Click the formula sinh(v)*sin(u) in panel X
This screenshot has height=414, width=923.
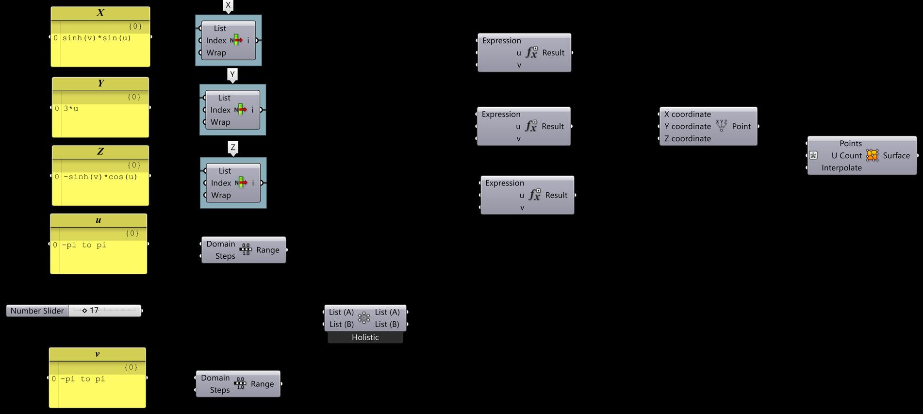pyautogui.click(x=97, y=38)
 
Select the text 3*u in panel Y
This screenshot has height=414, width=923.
pyautogui.click(x=71, y=109)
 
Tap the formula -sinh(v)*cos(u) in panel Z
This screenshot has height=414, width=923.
pyautogui.click(x=100, y=177)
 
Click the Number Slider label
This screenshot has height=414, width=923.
pyautogui.click(x=37, y=311)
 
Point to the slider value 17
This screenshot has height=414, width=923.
pyautogui.click(x=94, y=310)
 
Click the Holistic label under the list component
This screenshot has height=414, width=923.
pyautogui.click(x=365, y=337)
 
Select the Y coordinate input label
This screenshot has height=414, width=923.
pyautogui.click(x=687, y=126)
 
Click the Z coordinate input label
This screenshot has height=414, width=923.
pyautogui.click(x=687, y=138)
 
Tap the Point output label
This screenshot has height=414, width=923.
pyautogui.click(x=741, y=126)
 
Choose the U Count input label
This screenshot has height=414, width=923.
pyautogui.click(x=846, y=155)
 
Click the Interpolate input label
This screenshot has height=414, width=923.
pyautogui.click(x=841, y=168)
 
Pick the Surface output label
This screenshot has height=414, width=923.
pyautogui.click(x=896, y=155)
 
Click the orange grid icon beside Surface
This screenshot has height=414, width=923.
pyautogui.click(x=872, y=155)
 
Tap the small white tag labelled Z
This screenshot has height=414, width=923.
pyautogui.click(x=233, y=147)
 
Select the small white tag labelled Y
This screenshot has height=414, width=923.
pyautogui.click(x=232, y=74)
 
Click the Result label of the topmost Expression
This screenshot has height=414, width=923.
pyautogui.click(x=553, y=52)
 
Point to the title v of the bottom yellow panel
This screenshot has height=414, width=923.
pyautogui.click(x=98, y=354)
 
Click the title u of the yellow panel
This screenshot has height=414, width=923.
pyautogui.click(x=99, y=220)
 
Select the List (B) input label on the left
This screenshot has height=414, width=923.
pyautogui.click(x=342, y=324)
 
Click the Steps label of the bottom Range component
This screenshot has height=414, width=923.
pyautogui.click(x=219, y=390)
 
